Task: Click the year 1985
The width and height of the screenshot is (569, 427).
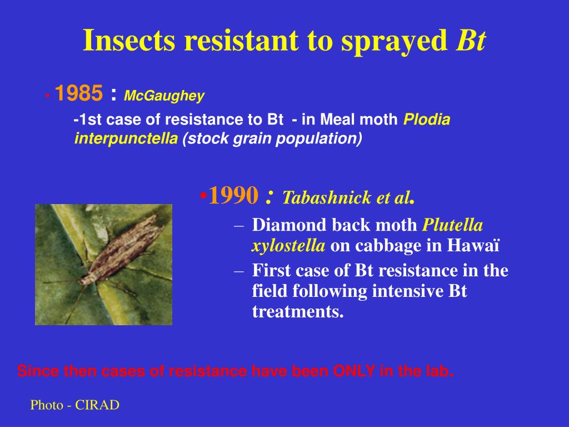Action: click(78, 95)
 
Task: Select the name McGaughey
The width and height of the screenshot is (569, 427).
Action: click(164, 96)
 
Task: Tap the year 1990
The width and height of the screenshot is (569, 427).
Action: click(233, 195)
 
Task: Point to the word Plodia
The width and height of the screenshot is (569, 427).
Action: click(426, 120)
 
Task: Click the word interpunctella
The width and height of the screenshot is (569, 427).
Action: click(126, 138)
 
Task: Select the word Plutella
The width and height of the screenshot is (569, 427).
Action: click(453, 225)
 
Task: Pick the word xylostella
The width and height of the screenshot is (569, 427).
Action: click(289, 246)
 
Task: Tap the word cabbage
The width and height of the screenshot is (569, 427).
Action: click(377, 246)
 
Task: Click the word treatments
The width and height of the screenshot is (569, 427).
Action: click(298, 312)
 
